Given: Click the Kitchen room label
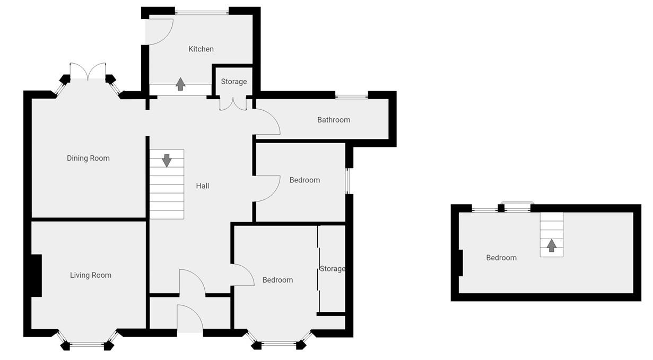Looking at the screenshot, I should [201, 49].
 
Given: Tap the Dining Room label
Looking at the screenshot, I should [88, 158].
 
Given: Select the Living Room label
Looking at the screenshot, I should [91, 275].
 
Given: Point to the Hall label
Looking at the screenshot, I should [202, 186].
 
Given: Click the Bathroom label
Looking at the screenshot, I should [334, 120].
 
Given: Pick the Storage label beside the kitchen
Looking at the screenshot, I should [234, 82].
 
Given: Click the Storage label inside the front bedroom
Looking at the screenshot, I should [333, 269].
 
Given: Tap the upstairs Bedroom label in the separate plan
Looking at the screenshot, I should [501, 258].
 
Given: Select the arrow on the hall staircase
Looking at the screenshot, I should [167, 160].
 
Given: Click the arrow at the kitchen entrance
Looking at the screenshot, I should [180, 84].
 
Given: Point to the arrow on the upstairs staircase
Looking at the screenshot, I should [551, 245].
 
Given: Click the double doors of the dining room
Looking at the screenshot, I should [89, 71].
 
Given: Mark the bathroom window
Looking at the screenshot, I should [352, 96].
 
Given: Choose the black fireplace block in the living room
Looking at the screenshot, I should [36, 275].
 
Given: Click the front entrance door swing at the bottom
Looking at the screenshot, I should [190, 319].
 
